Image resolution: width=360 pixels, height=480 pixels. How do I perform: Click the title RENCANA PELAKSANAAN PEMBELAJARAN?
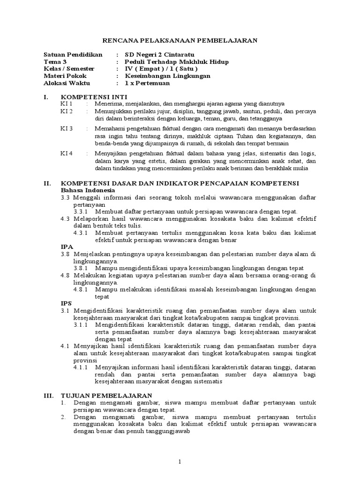180,41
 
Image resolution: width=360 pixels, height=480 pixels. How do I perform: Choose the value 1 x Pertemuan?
148,83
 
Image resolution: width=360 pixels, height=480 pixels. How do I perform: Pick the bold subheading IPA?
67,246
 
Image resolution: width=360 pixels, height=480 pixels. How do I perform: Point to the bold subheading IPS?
67,303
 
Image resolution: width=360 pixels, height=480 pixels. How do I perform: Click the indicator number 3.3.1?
82,212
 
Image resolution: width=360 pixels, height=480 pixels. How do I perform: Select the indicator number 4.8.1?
82,290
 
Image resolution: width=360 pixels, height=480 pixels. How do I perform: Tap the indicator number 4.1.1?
82,367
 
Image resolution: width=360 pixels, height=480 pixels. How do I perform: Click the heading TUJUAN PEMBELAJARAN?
106,395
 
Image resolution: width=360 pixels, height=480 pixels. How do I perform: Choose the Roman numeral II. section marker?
47,183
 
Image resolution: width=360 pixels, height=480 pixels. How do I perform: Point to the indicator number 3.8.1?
82,268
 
